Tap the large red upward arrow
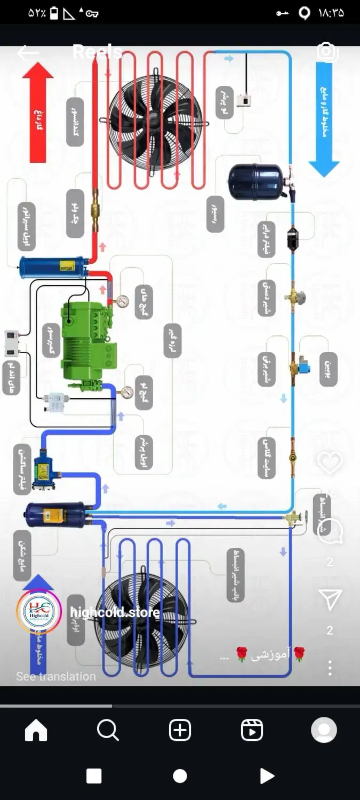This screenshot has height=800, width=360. (x=38, y=112)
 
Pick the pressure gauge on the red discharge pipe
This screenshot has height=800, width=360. (x=123, y=301)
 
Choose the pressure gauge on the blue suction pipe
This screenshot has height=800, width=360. (x=127, y=392)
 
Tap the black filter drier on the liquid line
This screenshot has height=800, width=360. (x=292, y=238)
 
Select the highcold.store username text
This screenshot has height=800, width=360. (x=115, y=612)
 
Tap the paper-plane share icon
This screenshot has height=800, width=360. (x=330, y=600)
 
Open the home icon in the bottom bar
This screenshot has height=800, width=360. (x=36, y=731)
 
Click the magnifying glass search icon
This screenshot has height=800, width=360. (x=108, y=731)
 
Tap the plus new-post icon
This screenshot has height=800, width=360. (x=180, y=731)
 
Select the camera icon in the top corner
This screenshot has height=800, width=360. (x=326, y=52)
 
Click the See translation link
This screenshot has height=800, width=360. (x=56, y=676)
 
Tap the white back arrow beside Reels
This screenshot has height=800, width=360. (x=28, y=52)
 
